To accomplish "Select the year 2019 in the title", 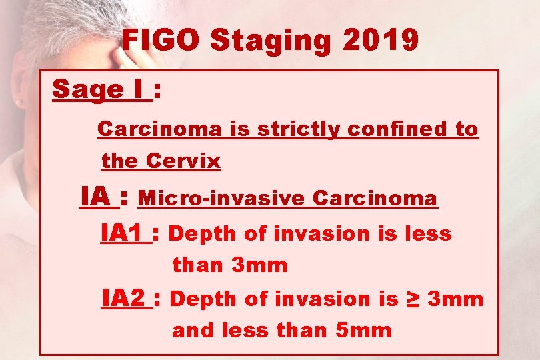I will click(x=382, y=41).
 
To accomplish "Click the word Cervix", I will click(x=183, y=161).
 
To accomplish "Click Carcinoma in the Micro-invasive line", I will click(x=375, y=199).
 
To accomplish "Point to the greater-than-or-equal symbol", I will click(x=413, y=299).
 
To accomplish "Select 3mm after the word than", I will click(x=259, y=265).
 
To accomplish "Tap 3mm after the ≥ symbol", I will click(x=455, y=299).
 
